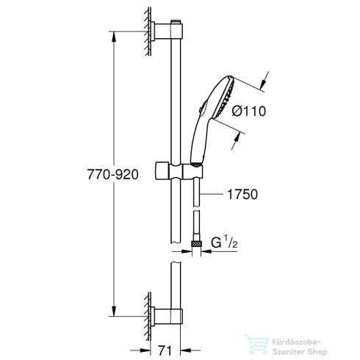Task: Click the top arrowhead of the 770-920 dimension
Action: pyautogui.click(x=113, y=33)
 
